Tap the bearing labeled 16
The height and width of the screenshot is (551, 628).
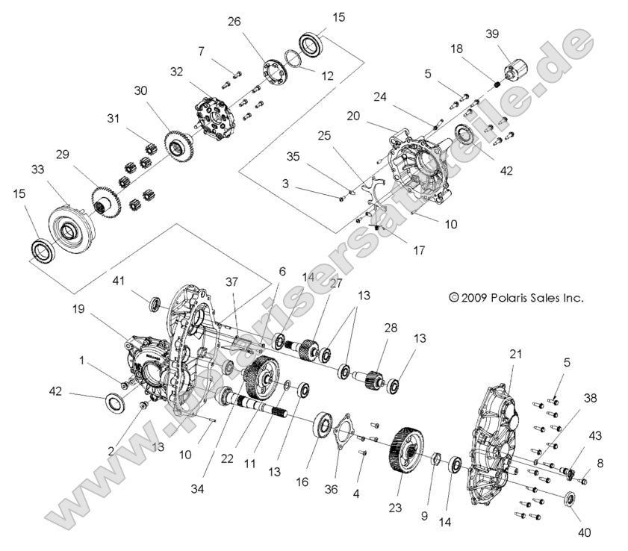(323, 426)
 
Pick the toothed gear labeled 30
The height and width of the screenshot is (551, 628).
(177, 144)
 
